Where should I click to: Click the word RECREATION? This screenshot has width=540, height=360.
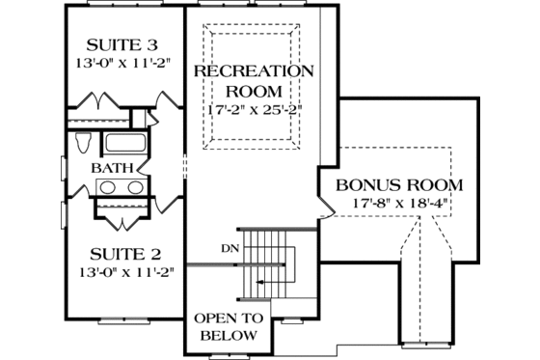[255, 71]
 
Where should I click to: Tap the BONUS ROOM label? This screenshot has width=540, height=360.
[398, 184]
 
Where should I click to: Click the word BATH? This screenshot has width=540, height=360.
[112, 168]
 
